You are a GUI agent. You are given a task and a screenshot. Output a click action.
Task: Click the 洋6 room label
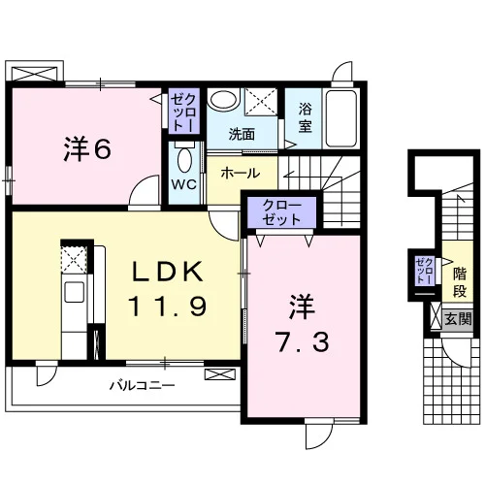point(87,149)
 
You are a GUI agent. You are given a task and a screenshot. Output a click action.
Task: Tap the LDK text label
point(168,272)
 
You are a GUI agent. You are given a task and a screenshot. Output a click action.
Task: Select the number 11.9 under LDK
point(168,307)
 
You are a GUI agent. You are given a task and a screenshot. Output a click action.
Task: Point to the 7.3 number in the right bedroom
point(303,341)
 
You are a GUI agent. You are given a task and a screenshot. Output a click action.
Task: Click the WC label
point(183,184)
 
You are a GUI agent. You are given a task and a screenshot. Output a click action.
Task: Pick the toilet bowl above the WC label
point(184,159)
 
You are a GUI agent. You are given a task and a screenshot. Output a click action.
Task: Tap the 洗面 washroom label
point(242,134)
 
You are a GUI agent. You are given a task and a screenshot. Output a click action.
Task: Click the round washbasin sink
point(223,99)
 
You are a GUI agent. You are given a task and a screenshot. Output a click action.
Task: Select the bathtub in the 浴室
point(341,118)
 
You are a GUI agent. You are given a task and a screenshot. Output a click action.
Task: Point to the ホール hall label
point(241,174)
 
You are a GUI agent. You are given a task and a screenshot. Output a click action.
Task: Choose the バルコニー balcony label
point(143,385)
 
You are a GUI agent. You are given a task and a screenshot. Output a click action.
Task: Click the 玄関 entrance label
point(458,319)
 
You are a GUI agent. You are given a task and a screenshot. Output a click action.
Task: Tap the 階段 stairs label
point(459,282)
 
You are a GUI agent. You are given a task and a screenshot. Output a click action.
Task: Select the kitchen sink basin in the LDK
point(75,292)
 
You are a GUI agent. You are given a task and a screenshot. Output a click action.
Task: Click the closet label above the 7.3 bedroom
point(281,212)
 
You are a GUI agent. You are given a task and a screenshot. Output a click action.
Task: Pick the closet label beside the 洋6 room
point(183,112)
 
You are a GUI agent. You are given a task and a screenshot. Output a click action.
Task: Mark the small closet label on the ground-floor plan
point(425,271)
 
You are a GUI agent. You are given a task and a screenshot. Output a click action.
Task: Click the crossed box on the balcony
point(220,374)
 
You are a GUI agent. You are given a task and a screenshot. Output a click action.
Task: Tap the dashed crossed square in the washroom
point(261,102)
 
